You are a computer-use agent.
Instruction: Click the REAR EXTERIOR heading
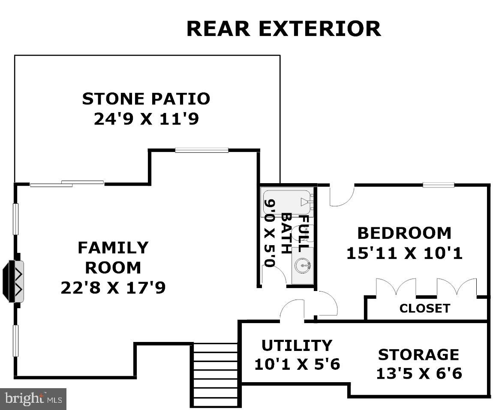[x=284, y=29]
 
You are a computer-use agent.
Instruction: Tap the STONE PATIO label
[x=146, y=98]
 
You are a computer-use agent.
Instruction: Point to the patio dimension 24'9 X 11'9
[x=146, y=119]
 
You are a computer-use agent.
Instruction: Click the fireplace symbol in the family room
[x=13, y=281]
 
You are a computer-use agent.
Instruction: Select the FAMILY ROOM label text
[x=113, y=258]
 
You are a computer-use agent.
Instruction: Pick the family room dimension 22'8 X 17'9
[x=113, y=288]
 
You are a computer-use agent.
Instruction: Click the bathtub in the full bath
[x=288, y=203]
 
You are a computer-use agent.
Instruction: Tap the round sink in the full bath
[x=303, y=266]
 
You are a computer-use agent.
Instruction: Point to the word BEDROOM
[x=404, y=233]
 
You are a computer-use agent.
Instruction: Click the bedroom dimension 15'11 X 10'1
[x=404, y=253]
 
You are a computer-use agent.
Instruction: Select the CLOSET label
[x=425, y=308]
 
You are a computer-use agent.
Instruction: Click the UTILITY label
[x=297, y=345]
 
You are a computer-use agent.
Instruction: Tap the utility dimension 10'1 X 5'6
[x=297, y=364]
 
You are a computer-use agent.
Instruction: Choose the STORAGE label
[x=418, y=354]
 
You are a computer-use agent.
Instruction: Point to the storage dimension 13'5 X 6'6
[x=419, y=374]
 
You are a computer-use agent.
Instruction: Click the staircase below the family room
[x=215, y=375]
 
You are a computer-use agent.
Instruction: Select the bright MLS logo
[x=33, y=399]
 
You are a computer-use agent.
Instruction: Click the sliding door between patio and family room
[x=67, y=184]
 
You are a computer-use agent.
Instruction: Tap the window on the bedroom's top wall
[x=438, y=184]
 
